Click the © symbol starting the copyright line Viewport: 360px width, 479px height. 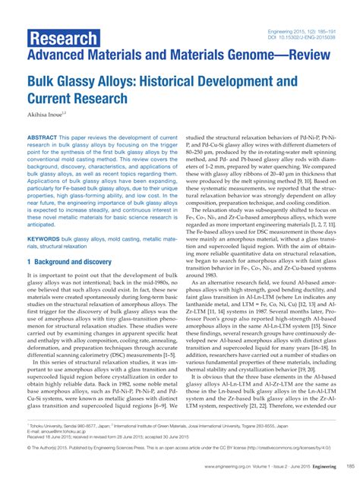29,446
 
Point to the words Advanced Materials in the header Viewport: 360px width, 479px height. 80,57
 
